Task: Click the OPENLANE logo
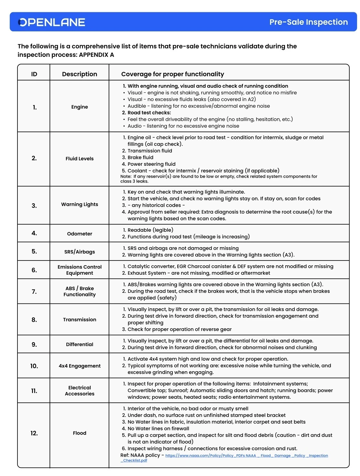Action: (52, 22)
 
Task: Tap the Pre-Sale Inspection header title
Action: (308, 22)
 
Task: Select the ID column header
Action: (34, 74)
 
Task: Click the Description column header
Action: (80, 74)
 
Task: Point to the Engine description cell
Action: (80, 107)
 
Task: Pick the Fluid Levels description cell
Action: (80, 158)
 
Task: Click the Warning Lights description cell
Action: (80, 204)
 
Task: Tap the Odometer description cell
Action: (80, 234)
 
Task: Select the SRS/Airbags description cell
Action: (80, 252)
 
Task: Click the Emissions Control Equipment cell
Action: (80, 270)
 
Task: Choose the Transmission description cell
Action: (80, 320)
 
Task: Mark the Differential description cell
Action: (80, 344)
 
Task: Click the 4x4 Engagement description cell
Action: (80, 366)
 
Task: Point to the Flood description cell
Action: (80, 433)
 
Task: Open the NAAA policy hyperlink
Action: (246, 456)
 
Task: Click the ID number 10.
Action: (34, 366)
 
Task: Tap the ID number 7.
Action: (34, 291)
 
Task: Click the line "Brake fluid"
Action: (140, 157)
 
